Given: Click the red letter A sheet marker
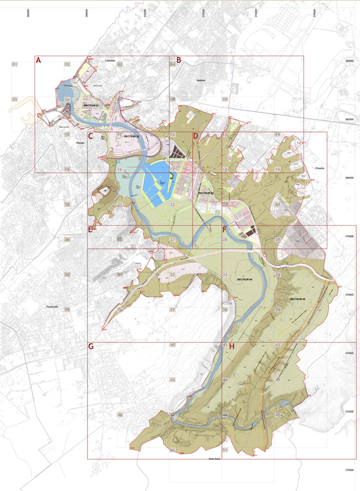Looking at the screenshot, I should tap(38, 60).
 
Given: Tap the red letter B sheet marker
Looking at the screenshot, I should tap(179, 60).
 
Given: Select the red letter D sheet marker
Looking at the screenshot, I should tap(196, 136).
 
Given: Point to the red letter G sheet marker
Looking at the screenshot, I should tap(91, 346).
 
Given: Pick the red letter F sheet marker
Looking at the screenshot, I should tap(225, 230).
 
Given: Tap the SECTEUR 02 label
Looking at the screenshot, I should tap(132, 137).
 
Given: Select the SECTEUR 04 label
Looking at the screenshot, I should tap(245, 280).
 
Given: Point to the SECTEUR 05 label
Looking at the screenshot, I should tap(299, 299).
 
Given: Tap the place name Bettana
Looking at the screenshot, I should tap(200, 81).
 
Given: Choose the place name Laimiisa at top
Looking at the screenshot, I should tap(109, 60).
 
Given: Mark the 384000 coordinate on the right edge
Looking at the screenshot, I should tap(349, 61).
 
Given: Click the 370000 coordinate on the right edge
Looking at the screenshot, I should tap(349, 470).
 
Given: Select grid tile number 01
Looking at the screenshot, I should tap(15, 65).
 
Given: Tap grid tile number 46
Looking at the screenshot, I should tap(120, 415).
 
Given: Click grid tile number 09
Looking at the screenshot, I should tap(224, 100).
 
